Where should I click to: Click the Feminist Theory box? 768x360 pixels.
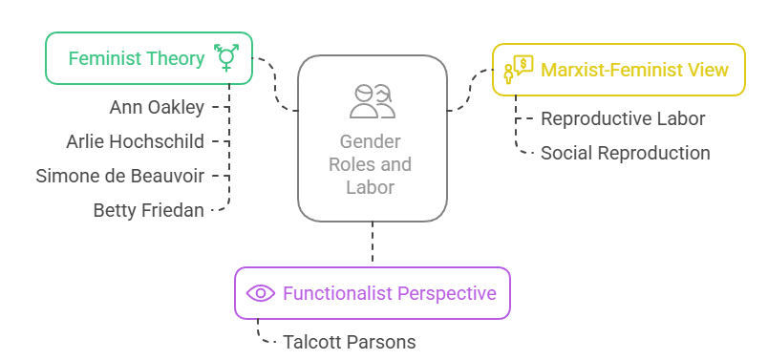click(x=148, y=58)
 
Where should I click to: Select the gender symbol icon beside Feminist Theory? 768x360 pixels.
click(x=227, y=58)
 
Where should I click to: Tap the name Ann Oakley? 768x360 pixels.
click(x=157, y=107)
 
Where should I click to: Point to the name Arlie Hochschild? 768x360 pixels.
click(x=135, y=141)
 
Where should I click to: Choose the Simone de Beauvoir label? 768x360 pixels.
click(x=119, y=176)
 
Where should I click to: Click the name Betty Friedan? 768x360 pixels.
click(x=148, y=210)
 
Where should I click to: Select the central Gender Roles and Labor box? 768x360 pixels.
click(x=372, y=138)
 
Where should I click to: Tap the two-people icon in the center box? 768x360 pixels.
click(x=372, y=101)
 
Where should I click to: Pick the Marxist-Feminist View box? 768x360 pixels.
click(x=618, y=70)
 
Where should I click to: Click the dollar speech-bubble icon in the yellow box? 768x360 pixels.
click(x=519, y=70)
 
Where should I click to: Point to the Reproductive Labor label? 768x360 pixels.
click(x=623, y=118)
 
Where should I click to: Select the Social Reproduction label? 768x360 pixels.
click(x=626, y=153)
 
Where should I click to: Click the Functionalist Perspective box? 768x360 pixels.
click(x=372, y=292)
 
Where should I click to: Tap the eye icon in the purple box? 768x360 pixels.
click(x=260, y=293)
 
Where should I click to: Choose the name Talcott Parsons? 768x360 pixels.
click(x=349, y=341)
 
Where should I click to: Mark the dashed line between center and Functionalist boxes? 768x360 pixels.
click(x=372, y=244)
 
